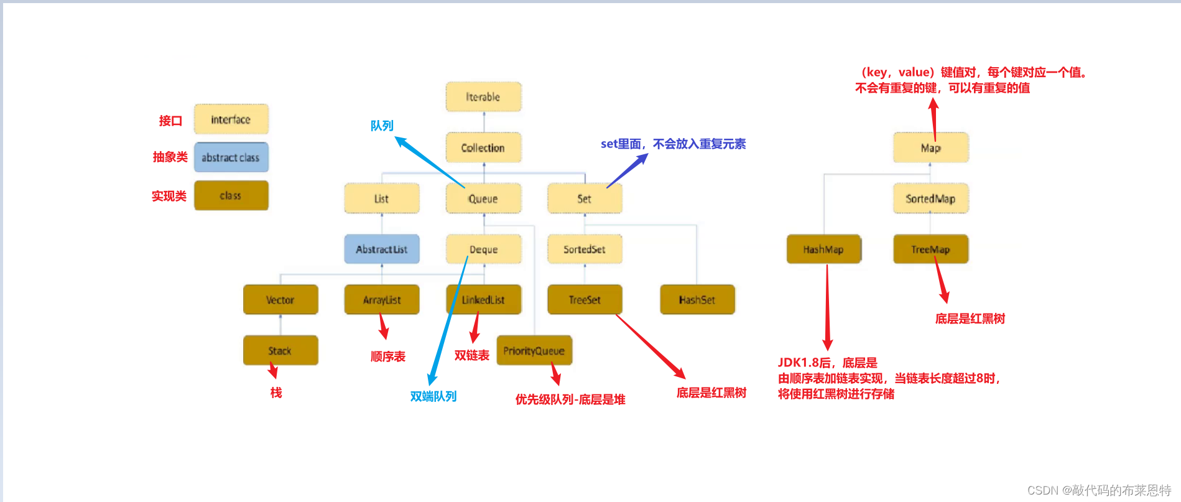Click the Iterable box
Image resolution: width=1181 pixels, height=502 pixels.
[483, 97]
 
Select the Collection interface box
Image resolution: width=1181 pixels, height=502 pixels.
[483, 148]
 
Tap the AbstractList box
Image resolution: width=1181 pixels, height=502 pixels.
[381, 249]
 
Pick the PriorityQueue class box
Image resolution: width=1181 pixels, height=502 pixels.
[534, 351]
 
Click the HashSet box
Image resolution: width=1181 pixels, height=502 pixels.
[697, 300]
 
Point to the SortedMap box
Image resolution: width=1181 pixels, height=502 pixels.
[930, 198]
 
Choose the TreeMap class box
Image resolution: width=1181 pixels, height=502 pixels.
[930, 249]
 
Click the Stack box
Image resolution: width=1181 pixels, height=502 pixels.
[280, 351]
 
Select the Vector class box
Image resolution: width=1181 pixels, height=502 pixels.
[280, 300]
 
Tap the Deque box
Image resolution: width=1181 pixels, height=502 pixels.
[483, 249]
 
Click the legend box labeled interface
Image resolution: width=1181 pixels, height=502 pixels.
[231, 119]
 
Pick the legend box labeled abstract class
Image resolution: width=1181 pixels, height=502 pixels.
[231, 157]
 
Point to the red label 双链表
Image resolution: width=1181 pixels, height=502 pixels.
[471, 355]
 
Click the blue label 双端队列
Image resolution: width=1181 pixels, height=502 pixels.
[433, 396]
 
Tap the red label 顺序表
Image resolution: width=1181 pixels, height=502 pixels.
[387, 356]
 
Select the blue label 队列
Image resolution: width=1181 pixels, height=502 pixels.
[382, 126]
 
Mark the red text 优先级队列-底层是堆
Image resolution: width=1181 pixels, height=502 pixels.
[570, 399]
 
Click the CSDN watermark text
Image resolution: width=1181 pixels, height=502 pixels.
[1099, 490]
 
